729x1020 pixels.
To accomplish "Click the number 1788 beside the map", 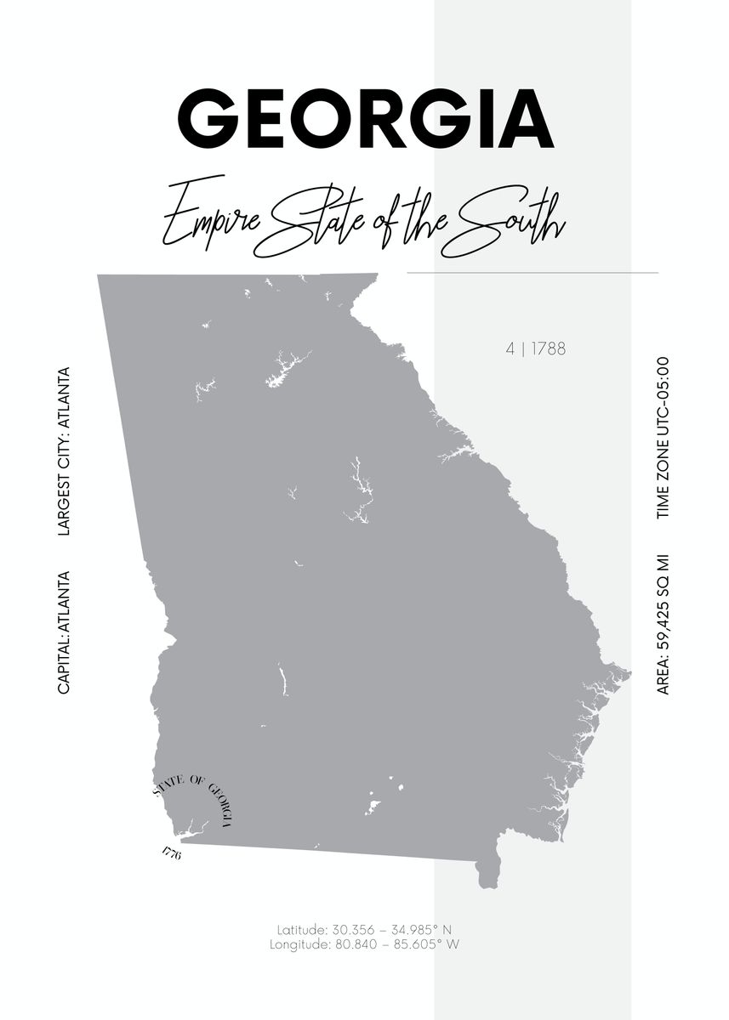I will tap(549, 348).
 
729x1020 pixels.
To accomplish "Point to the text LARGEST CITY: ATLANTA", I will tap(63, 451).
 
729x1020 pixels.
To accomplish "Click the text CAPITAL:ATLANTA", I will tap(63, 632).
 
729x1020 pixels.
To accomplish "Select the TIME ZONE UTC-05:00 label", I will tap(664, 438).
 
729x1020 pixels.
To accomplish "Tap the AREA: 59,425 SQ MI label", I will tap(664, 625).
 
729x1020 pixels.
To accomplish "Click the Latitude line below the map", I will tap(364, 929).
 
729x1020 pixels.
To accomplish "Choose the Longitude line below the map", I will tap(364, 943).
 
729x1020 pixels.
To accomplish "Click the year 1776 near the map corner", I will tap(170, 853).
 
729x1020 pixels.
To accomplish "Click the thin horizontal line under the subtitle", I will tap(533, 273).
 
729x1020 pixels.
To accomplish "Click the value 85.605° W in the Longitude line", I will tap(429, 943).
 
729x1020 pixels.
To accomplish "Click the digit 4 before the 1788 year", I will tap(510, 348).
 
